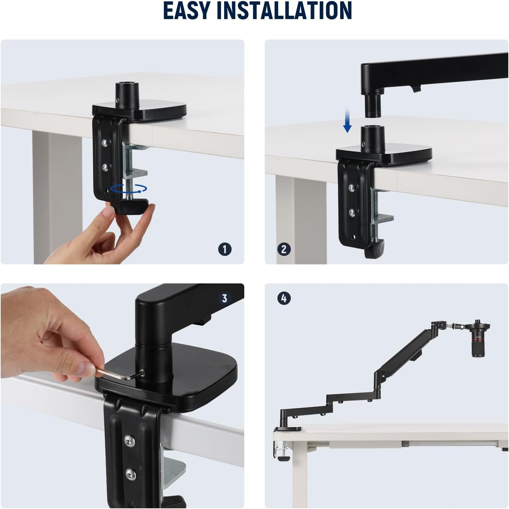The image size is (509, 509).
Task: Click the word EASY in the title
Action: coord(187,11)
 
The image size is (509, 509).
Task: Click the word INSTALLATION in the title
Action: coord(284,11)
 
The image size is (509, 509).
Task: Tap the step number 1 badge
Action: coord(225,249)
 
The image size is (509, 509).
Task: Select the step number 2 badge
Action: coord(284,249)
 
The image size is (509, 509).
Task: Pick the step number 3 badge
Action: coord(225,298)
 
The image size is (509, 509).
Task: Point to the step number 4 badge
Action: coord(284,298)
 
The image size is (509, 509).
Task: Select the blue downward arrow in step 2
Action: coord(348,125)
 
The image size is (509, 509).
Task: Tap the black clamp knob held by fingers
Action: coord(132,207)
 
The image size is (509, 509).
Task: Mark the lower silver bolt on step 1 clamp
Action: coord(105,165)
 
